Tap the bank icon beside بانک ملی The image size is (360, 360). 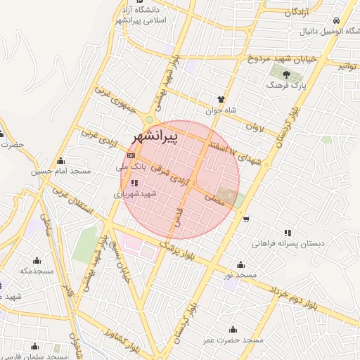(x=131, y=156)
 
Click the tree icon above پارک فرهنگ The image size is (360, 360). (x=286, y=72)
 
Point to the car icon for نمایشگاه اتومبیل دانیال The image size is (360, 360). (x=337, y=20)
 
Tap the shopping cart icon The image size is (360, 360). (x=245, y=219)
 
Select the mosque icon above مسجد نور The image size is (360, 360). (x=241, y=264)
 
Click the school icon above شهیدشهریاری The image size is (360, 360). (x=134, y=183)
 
